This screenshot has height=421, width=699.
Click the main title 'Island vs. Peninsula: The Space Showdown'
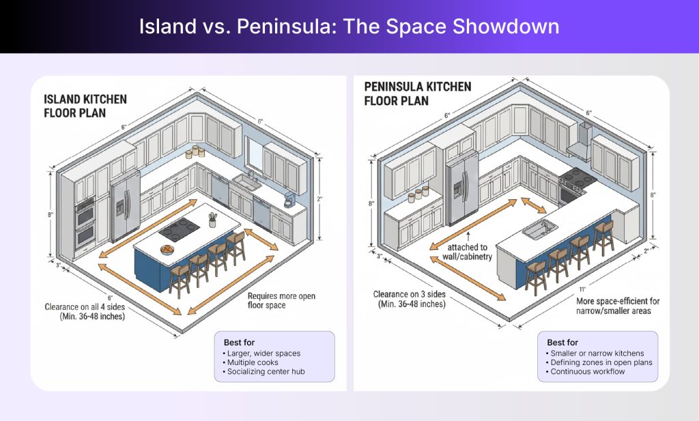[349, 27]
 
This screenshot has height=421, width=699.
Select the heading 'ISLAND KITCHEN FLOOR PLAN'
[85, 106]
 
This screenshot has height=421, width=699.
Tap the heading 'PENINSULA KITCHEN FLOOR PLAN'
[417, 93]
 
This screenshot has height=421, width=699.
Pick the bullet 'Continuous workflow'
[587, 372]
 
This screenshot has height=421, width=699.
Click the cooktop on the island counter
[180, 231]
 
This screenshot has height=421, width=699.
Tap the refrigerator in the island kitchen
[124, 203]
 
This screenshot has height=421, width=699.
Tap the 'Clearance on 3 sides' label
[409, 300]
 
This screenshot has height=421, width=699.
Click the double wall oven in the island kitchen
[85, 222]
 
